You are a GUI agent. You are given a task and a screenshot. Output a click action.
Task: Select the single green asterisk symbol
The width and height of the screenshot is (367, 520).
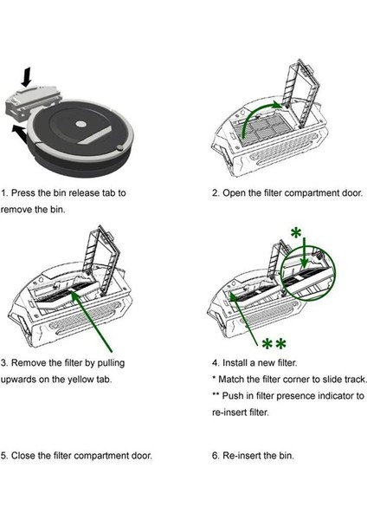point(295,235)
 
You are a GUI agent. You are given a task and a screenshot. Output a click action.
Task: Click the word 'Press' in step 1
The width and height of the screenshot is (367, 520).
point(28,192)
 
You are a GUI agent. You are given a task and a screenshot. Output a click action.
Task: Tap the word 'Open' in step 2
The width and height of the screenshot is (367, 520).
point(238,192)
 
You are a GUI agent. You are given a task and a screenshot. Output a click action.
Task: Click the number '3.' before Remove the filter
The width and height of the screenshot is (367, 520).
point(6,361)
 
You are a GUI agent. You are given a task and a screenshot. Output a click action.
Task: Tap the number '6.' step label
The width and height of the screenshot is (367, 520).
point(216,455)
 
